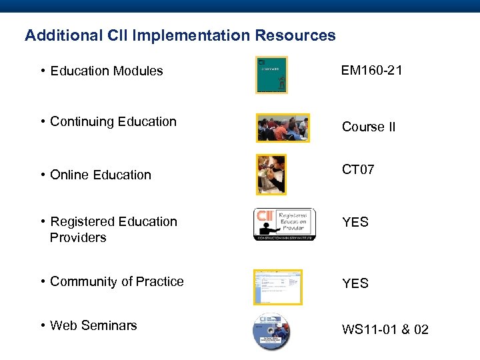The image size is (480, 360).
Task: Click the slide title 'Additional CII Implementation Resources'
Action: [x=180, y=35]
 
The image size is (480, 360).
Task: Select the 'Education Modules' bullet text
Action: [x=106, y=71]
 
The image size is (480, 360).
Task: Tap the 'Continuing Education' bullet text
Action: [x=113, y=121]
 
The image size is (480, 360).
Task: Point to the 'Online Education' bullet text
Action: [x=101, y=175]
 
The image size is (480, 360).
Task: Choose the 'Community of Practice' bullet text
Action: [x=117, y=281]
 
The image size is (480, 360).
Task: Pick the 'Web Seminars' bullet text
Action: [x=93, y=325]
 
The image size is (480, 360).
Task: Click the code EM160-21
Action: [x=371, y=70]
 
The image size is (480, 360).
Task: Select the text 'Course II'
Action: [x=368, y=127]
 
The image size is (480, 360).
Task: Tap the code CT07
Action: [x=358, y=169]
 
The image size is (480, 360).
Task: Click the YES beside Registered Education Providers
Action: [x=355, y=222]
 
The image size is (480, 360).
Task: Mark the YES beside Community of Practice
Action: [x=355, y=283]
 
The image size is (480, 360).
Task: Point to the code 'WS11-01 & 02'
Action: [x=385, y=330]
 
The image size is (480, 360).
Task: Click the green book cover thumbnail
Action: [x=271, y=75]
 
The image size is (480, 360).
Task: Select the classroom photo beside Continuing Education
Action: [x=283, y=127]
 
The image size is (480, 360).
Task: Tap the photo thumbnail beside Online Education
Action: [x=271, y=175]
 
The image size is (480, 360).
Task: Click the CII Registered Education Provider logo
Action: [x=284, y=224]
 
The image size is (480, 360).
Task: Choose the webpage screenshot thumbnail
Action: [x=277, y=287]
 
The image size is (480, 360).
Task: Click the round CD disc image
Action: [x=271, y=331]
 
